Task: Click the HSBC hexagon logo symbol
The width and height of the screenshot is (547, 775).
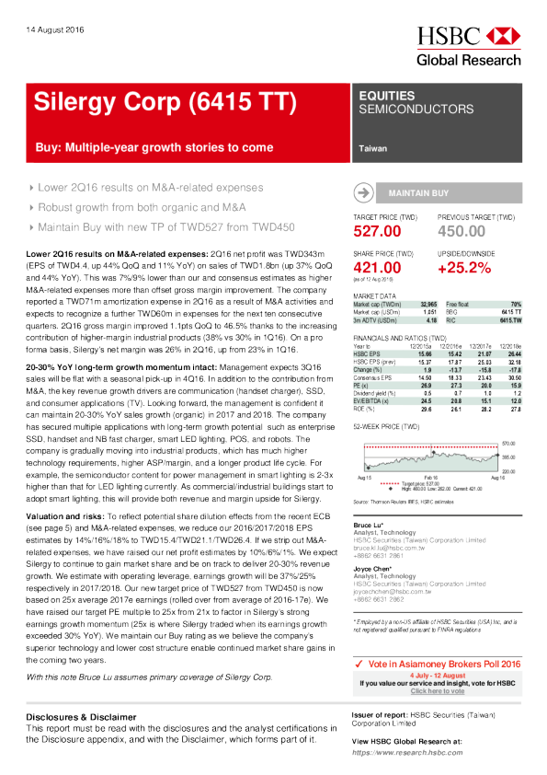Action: (x=503, y=37)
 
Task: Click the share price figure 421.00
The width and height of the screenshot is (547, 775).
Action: (x=377, y=268)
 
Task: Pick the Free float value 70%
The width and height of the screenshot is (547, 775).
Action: (x=516, y=303)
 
